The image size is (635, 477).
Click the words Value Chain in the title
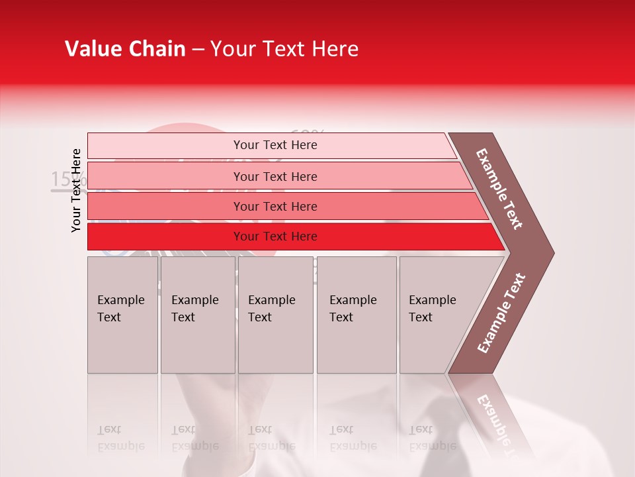coord(125,49)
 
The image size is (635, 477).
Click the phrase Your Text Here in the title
coord(284,49)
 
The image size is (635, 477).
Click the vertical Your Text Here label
coord(77,190)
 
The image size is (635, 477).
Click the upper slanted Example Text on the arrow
coord(500,189)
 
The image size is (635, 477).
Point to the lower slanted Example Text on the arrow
coord(501,313)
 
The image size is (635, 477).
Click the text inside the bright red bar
coord(275,237)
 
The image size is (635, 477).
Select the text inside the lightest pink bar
coord(275,145)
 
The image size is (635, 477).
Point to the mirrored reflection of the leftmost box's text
coord(120,437)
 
